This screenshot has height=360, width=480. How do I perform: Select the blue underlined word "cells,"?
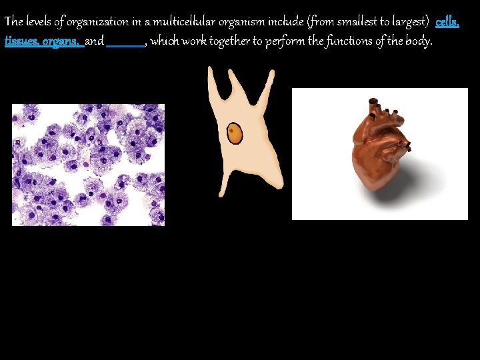pos(447,23)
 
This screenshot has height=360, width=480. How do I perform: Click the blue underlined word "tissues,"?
pos(21,41)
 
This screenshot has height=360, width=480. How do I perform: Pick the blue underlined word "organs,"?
pos(62,41)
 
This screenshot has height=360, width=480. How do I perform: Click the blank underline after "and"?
pos(125,42)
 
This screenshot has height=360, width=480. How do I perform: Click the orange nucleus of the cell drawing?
pos(235,133)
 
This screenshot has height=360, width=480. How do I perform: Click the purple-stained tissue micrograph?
pos(88,165)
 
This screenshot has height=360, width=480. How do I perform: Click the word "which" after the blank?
pos(165,41)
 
